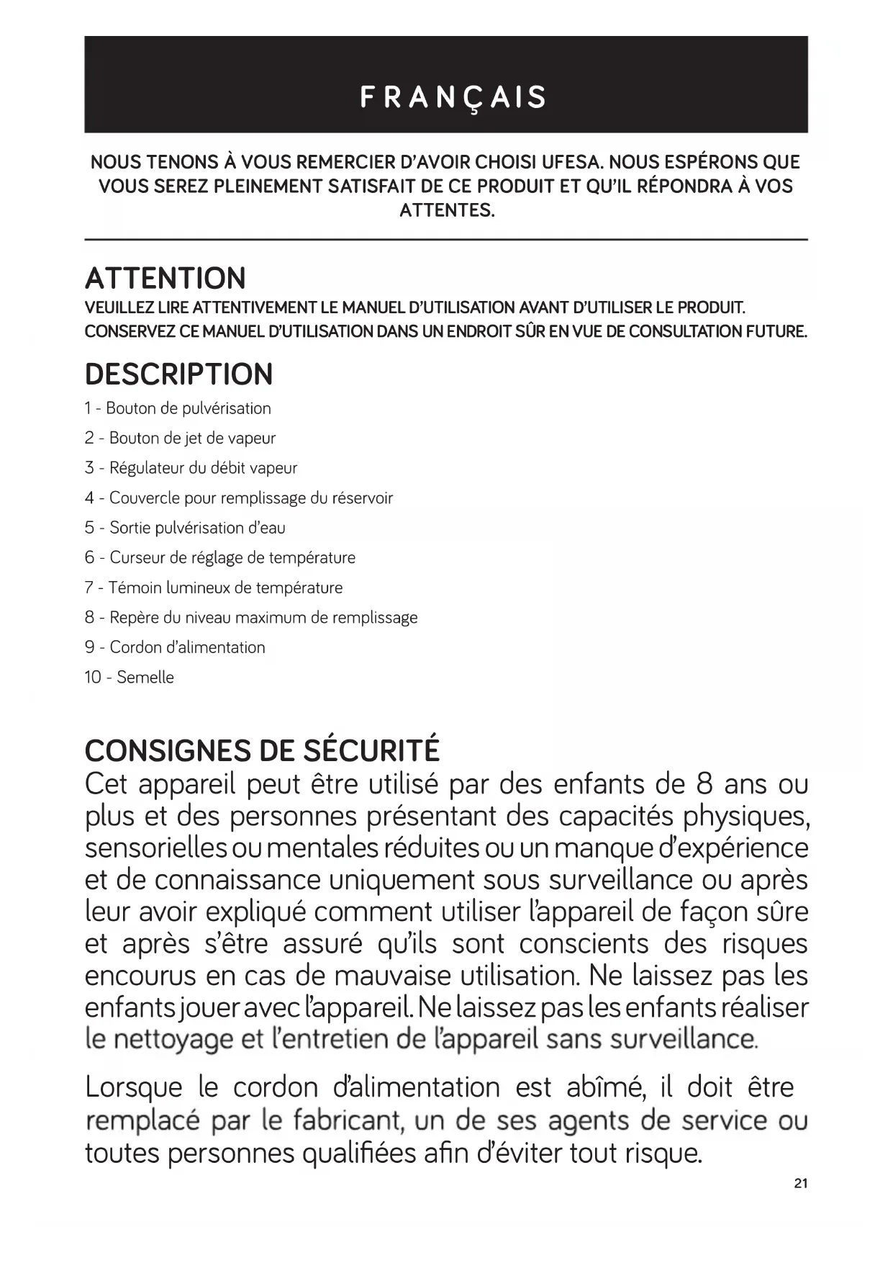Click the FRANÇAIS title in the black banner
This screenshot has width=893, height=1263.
coord(453,97)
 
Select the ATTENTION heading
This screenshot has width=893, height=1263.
coord(166,278)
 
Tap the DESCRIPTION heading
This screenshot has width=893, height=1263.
coord(179,374)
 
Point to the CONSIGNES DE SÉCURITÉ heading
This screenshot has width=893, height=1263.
coord(262,750)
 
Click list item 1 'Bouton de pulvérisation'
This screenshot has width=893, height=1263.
coord(178,408)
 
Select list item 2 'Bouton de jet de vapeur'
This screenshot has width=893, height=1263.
coord(180,438)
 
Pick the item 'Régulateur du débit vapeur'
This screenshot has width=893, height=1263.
coord(191,468)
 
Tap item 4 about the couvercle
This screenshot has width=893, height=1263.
coord(238,498)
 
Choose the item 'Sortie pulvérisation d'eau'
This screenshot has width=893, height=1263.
coord(185,528)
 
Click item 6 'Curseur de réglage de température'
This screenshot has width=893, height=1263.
coord(219,557)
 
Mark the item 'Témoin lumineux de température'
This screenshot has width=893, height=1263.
coord(213,588)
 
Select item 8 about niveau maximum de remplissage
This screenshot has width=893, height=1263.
coord(250,617)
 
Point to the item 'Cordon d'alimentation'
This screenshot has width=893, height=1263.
coord(175,647)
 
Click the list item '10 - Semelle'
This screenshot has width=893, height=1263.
coord(130,677)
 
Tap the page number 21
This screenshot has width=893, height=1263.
coord(801,1183)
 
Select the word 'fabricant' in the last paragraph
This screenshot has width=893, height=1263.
coord(347,1120)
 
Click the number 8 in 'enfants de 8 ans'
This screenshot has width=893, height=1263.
coord(704,783)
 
